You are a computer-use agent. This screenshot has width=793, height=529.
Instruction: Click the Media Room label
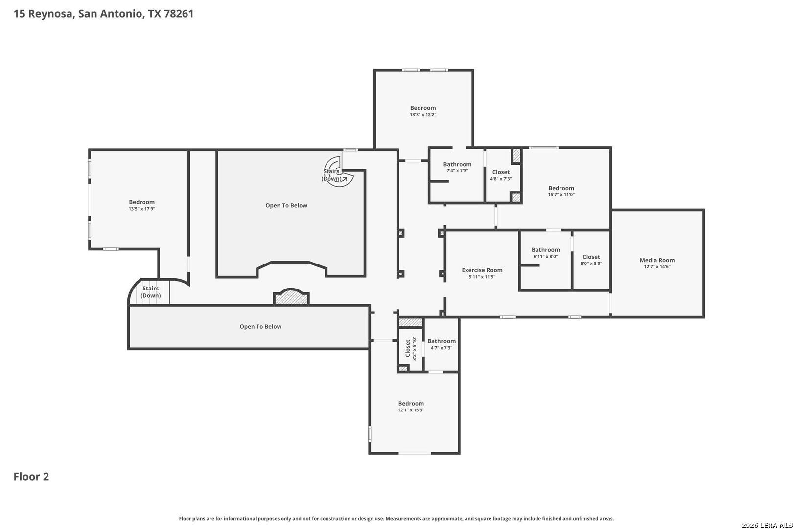(x=657, y=260)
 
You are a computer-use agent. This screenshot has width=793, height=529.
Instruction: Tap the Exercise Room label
(x=482, y=270)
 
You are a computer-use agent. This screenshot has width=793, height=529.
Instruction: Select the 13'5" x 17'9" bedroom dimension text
(x=141, y=209)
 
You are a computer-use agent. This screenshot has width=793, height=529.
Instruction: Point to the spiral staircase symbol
(x=338, y=172)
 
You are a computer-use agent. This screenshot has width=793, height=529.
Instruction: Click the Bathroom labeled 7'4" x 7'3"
(x=457, y=164)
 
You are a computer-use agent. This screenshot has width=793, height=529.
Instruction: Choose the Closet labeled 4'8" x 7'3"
(x=501, y=172)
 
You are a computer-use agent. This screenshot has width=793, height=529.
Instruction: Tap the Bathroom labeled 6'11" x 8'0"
(x=545, y=250)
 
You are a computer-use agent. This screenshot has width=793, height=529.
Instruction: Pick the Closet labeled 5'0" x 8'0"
(x=591, y=257)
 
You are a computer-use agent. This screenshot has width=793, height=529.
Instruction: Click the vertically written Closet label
(x=407, y=348)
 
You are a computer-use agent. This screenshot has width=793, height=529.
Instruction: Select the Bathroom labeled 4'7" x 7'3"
(x=442, y=341)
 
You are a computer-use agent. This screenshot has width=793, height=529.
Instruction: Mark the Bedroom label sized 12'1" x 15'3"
(x=411, y=403)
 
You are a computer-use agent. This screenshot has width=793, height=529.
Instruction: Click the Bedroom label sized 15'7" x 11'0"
(x=561, y=188)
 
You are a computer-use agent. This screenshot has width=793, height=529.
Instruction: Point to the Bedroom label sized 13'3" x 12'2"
(x=423, y=108)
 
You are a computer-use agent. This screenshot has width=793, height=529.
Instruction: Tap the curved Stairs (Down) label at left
(x=150, y=292)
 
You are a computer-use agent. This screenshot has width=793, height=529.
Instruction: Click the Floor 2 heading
(x=31, y=477)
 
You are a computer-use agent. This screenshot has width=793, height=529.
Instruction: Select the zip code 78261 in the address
(x=179, y=14)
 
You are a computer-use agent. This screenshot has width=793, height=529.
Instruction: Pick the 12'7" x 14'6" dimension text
(x=657, y=267)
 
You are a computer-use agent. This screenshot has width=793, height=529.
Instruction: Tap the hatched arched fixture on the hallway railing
(x=291, y=296)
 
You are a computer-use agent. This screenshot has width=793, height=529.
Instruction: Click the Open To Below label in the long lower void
(x=260, y=327)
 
